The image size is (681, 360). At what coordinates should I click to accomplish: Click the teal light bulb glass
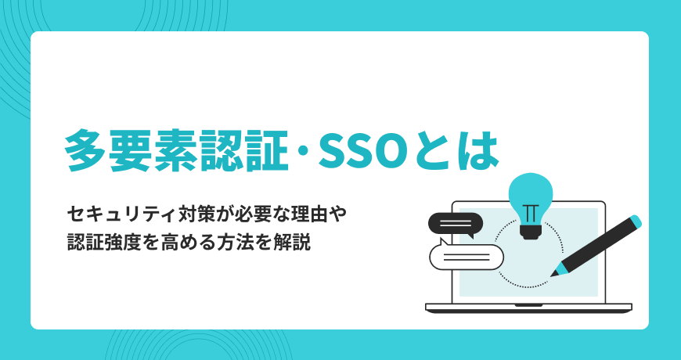(x=530, y=193)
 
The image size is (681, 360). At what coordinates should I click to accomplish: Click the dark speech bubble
(x=456, y=224)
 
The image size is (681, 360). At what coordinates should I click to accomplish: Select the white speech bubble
(x=466, y=256)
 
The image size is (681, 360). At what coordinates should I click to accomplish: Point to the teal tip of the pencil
(x=557, y=270)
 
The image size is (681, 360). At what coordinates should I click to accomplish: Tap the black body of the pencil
(x=596, y=246)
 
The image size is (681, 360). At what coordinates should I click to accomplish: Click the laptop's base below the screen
(x=528, y=308)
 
